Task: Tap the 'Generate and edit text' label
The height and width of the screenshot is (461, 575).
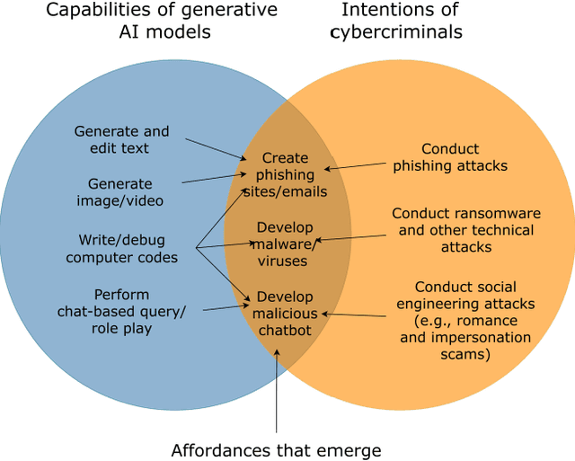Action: (x=121, y=139)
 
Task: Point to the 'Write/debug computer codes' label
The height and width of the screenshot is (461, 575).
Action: (x=121, y=249)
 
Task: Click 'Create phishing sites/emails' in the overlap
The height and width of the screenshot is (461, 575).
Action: (x=286, y=174)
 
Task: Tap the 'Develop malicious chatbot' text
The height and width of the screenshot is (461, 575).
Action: (x=285, y=314)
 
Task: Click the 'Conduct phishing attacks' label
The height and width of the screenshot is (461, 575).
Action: (x=450, y=157)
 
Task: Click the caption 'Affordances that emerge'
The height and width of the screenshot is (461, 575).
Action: (x=276, y=449)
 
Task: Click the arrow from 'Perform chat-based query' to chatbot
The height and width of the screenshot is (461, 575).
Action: (x=225, y=307)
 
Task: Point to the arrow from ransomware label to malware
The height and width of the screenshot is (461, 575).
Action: (x=350, y=238)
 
